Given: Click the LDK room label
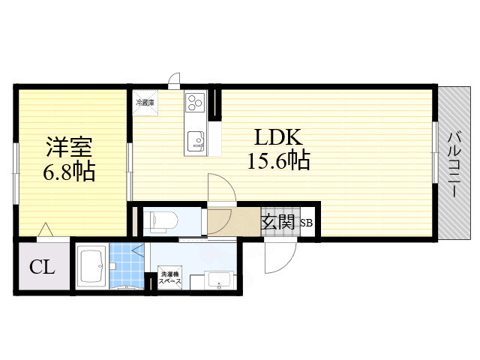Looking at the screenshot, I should [x=277, y=137].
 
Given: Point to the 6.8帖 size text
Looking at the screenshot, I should [x=67, y=172].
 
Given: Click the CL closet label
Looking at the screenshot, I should [x=42, y=267].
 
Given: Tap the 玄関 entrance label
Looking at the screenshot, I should [x=277, y=221].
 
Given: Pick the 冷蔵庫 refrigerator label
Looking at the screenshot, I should [x=145, y=101].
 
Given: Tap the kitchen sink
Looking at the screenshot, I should [x=196, y=139].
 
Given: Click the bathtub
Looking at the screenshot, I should [x=91, y=267].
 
